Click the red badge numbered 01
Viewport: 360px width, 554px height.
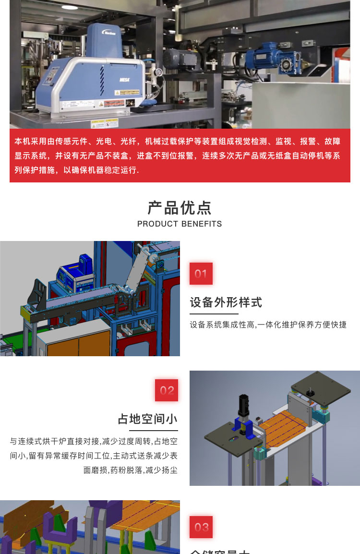[201, 274]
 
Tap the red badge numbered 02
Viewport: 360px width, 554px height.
[167, 390]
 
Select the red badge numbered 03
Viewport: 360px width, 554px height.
[201, 527]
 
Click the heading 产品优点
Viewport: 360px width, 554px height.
[180, 207]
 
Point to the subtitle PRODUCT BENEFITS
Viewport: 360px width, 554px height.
[180, 224]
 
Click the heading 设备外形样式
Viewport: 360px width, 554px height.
[226, 302]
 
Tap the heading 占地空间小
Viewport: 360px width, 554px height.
[148, 419]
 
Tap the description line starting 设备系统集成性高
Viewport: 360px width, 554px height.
[268, 325]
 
